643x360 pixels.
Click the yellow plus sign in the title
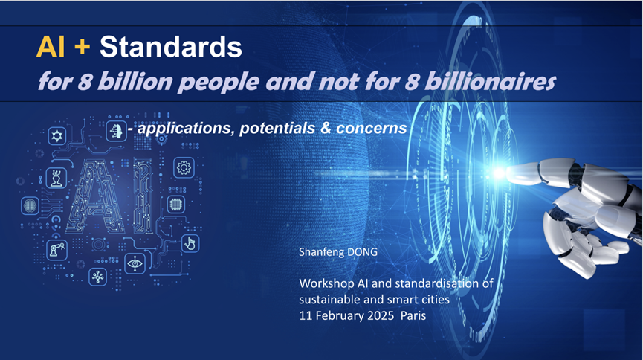(x=83, y=47)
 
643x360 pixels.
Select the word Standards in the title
(x=170, y=47)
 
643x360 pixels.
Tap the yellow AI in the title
(x=51, y=47)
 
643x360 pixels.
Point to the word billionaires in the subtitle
(x=490, y=81)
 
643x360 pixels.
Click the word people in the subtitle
(x=219, y=83)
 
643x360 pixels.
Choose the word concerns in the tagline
(x=371, y=128)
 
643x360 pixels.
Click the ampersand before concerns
(x=326, y=128)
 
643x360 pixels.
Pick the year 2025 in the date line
(x=381, y=315)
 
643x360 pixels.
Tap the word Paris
(x=413, y=315)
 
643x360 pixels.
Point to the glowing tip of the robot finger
(x=499, y=173)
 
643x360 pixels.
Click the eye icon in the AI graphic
(x=135, y=263)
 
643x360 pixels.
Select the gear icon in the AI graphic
(x=184, y=167)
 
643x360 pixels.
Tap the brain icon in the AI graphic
(x=30, y=205)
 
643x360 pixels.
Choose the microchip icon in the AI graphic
(x=176, y=204)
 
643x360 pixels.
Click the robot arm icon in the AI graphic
(x=57, y=249)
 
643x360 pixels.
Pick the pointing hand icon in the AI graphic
(x=190, y=243)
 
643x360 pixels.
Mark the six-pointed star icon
(x=57, y=135)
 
